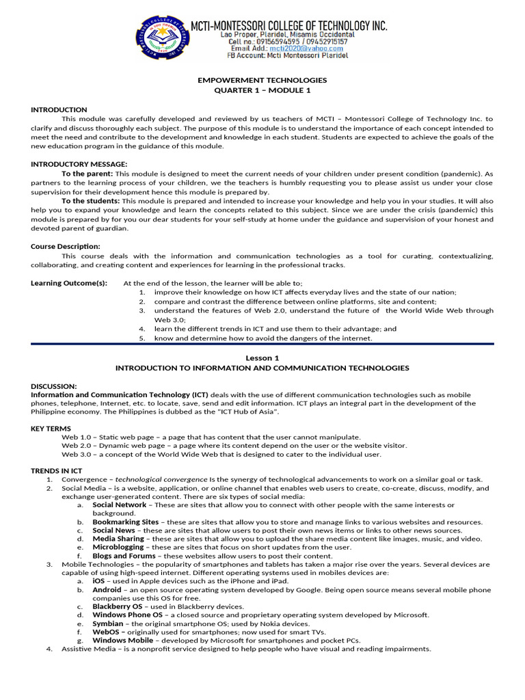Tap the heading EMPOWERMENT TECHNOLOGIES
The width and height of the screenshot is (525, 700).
(x=262, y=80)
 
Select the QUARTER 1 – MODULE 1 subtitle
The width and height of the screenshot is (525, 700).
(x=262, y=90)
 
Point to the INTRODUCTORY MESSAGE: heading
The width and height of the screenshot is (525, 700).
(x=79, y=164)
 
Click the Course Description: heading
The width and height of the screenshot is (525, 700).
(x=66, y=246)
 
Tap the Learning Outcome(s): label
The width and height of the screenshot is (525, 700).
(x=69, y=283)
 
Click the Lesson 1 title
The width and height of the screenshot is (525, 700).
(x=262, y=358)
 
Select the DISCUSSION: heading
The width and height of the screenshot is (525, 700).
(x=54, y=386)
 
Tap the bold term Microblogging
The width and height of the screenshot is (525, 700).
(x=118, y=547)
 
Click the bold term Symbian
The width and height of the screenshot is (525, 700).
(x=108, y=623)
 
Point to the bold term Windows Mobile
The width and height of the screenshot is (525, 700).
(x=122, y=641)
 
